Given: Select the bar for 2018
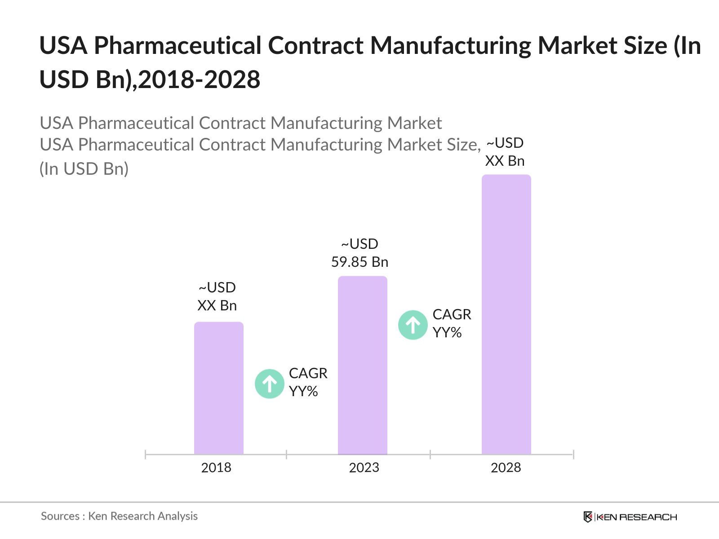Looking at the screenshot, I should tap(218, 389).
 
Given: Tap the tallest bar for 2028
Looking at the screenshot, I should tap(506, 314).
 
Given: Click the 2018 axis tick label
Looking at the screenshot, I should tap(216, 468).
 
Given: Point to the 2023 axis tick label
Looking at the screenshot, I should tap(364, 468).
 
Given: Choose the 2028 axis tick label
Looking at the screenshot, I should tap(506, 468).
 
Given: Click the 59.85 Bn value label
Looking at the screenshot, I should tap(359, 262).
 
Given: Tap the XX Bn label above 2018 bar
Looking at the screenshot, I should tap(217, 305).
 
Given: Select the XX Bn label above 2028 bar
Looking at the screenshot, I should tap(505, 161).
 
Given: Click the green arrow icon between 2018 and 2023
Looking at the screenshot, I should tap(270, 384).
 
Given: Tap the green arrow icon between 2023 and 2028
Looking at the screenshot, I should tap(413, 325).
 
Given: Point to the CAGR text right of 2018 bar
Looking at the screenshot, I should tap(308, 373).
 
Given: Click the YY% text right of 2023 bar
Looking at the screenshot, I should tap(447, 332).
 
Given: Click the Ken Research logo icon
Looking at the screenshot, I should tap(588, 517).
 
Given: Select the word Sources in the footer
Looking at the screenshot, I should tap(60, 516).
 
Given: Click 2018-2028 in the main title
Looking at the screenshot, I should tap(200, 80).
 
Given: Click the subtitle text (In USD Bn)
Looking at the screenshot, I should tap(84, 169).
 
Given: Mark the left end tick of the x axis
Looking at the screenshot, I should tap(146, 455).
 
